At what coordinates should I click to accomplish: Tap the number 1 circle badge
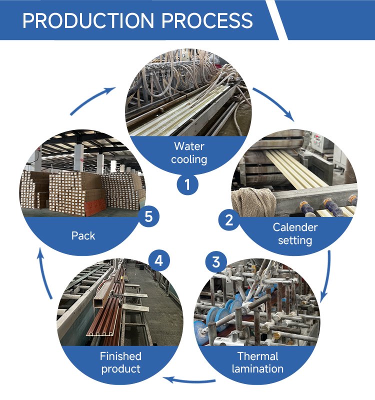(187, 185)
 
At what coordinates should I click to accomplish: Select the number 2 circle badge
(229, 219)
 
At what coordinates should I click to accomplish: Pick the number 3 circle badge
(216, 261)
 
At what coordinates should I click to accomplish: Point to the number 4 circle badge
(158, 260)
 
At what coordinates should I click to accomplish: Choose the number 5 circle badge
(148, 217)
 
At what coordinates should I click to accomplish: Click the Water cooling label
(189, 152)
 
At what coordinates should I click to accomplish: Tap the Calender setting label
(295, 233)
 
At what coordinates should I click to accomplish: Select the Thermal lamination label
(257, 362)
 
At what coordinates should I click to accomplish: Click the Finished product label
(120, 362)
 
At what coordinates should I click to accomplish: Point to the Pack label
(83, 235)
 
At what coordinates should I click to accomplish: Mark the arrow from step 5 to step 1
(92, 100)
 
